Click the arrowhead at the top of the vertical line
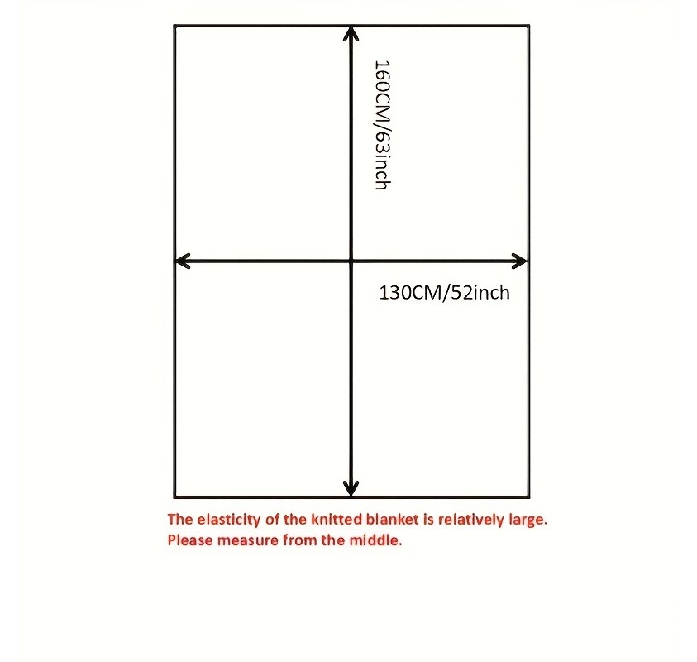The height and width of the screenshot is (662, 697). click(x=351, y=34)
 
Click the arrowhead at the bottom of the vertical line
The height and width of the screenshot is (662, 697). click(x=351, y=488)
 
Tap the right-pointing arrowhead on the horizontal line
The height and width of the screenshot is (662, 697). click(x=519, y=261)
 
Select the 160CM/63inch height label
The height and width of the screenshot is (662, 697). click(x=382, y=126)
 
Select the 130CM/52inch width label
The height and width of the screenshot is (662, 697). click(x=444, y=293)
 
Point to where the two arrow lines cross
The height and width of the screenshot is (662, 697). click(x=351, y=261)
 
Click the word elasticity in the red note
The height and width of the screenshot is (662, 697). click(x=228, y=520)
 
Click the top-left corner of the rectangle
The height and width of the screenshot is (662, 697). click(x=174, y=26)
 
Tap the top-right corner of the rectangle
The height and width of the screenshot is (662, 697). click(x=528, y=26)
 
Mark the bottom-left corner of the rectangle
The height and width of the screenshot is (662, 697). click(x=174, y=496)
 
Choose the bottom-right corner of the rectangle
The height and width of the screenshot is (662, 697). click(x=528, y=496)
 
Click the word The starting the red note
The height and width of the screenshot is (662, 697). click(x=179, y=519)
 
